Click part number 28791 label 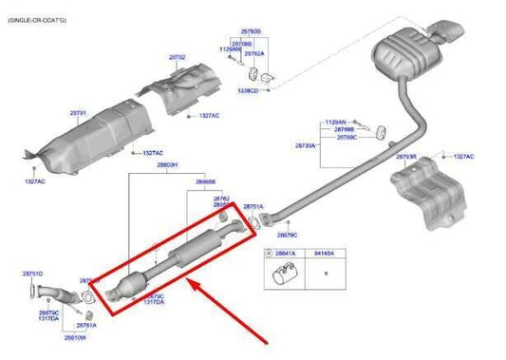point(78,112)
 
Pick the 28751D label point(32,274)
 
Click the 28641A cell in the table point(285,254)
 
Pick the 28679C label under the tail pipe point(288,234)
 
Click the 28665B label point(206,180)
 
